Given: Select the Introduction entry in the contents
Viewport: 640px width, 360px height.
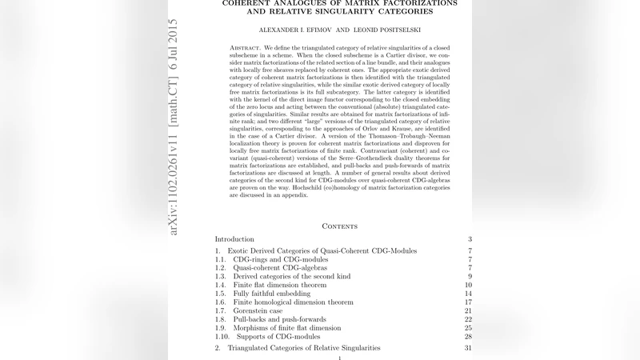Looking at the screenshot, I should point(234,239).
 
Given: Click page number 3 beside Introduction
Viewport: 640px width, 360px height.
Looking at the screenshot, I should point(470,239).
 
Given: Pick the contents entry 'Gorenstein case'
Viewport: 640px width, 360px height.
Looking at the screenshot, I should point(258,310).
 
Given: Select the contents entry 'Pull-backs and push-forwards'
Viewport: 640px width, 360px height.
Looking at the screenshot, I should point(275,319).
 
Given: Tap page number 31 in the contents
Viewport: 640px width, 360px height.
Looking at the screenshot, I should point(468,348).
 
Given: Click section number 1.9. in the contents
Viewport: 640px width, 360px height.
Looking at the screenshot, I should point(222,328).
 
